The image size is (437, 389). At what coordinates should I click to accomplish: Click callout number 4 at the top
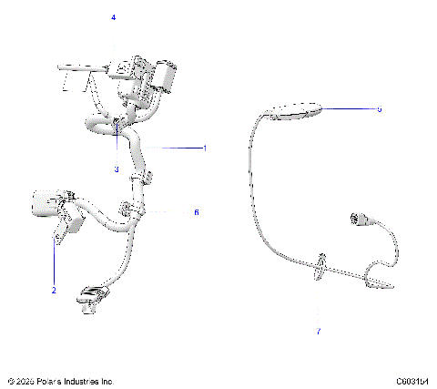pos(114,17)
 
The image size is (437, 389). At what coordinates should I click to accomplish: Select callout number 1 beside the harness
pos(205,148)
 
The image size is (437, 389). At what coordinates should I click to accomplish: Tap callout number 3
pos(117,169)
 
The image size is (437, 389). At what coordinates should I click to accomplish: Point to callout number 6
pos(196,211)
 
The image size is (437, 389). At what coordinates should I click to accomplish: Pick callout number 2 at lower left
pos(54,290)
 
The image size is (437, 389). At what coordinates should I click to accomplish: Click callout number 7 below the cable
pos(319,331)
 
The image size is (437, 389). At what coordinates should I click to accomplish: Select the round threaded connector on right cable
pos(358,219)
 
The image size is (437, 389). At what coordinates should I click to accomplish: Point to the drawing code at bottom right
pos(412,381)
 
